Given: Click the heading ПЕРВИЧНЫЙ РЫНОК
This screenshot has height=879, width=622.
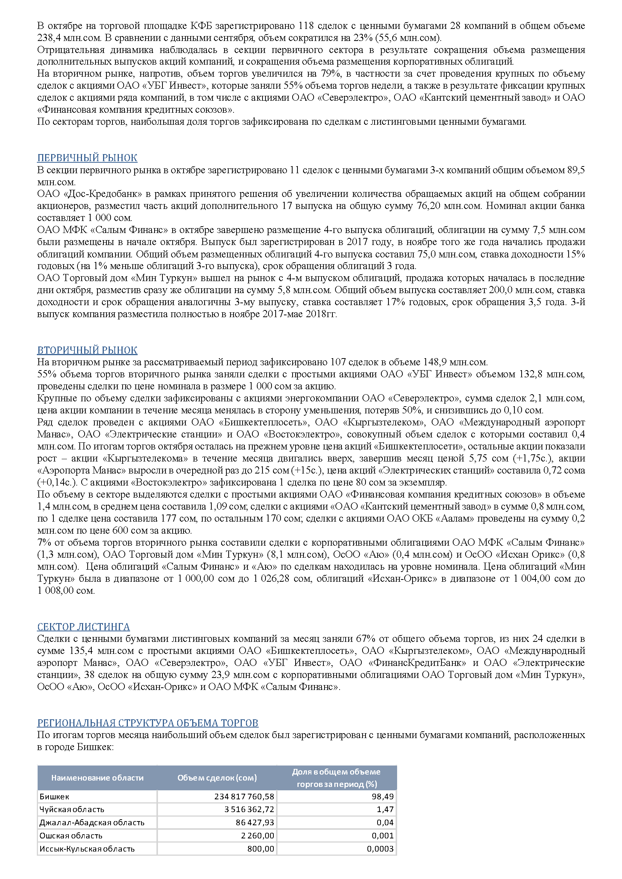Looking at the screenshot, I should click(87, 158).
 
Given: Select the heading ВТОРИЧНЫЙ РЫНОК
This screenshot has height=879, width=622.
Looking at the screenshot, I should click(87, 350).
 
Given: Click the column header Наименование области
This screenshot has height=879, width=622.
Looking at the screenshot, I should click(97, 778).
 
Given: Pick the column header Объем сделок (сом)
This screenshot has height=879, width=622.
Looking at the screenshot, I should click(217, 778).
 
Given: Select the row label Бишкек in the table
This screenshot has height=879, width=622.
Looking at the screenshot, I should click(55, 796).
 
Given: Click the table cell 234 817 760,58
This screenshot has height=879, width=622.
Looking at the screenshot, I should click(244, 796).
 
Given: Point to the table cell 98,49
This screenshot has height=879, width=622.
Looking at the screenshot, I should click(382, 796).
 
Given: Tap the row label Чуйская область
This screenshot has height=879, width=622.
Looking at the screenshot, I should click(71, 809).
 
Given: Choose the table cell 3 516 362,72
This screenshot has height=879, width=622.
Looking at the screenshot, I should click(249, 809).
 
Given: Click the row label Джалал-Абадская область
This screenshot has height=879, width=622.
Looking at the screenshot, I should click(92, 822).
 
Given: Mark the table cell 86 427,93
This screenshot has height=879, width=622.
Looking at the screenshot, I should click(255, 822).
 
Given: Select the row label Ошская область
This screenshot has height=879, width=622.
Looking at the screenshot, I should click(71, 835).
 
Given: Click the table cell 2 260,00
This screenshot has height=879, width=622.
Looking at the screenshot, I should click(257, 835).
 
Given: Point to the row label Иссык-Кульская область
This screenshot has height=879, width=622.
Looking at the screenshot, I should click(87, 849).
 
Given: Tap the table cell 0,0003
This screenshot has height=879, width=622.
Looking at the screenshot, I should click(380, 849).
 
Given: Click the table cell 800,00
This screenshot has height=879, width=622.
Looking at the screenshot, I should click(261, 849).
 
